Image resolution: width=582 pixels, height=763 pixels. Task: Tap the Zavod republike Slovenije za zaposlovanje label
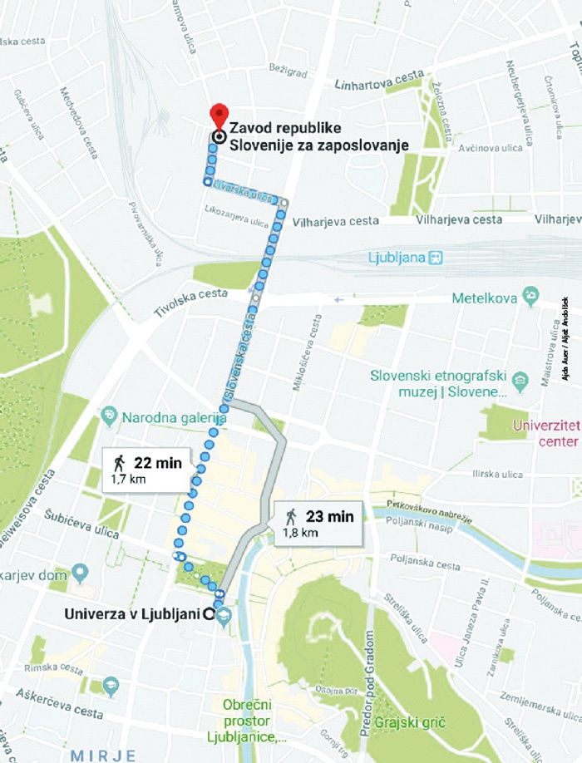[x=319, y=137]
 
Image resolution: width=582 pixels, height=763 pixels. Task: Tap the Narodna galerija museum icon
[x=109, y=414]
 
